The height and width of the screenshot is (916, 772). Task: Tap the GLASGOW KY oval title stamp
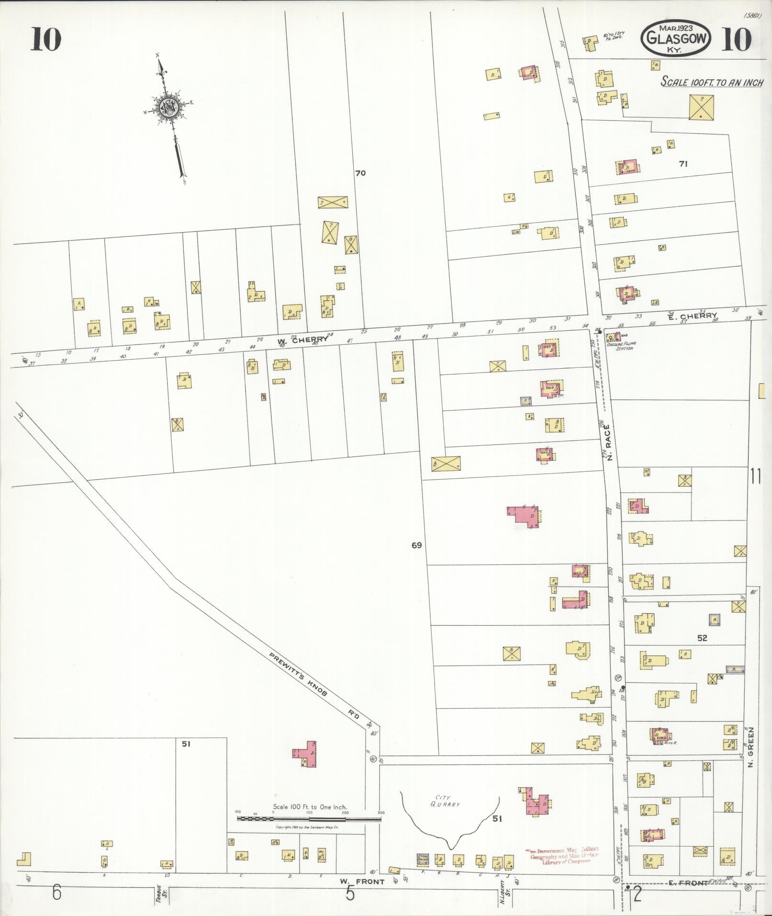pos(677,39)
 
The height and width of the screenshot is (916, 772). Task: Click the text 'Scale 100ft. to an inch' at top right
pos(712,82)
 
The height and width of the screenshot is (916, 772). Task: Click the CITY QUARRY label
pos(448,801)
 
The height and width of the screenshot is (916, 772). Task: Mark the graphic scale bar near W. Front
pos(309,819)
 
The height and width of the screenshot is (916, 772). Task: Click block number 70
pos(360,173)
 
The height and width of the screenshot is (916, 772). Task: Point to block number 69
pos(416,545)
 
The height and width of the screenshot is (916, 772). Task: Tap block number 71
pos(683,164)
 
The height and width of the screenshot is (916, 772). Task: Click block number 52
pos(702,638)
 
